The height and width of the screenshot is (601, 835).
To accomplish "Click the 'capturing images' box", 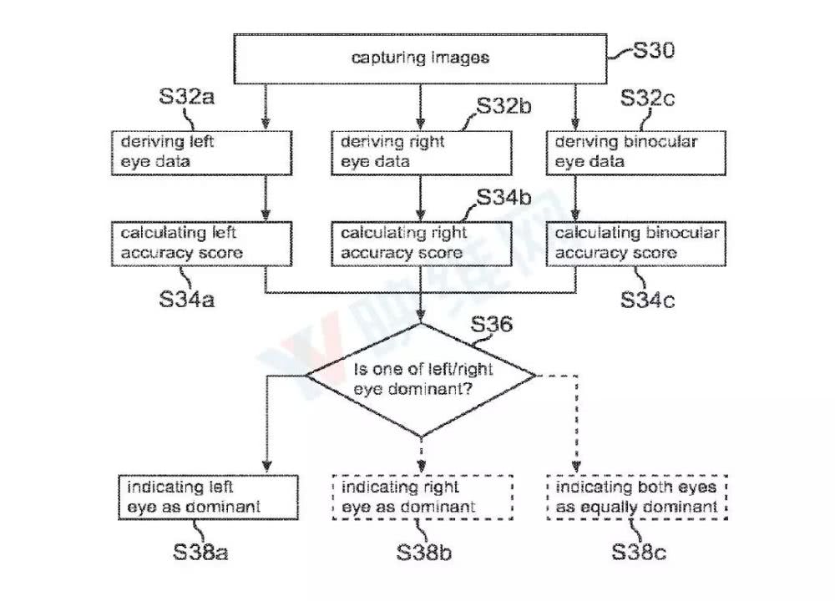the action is point(420,59).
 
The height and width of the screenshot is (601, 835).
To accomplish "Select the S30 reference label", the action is point(654,50).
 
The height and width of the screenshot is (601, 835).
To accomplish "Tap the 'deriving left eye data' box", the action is point(202,153).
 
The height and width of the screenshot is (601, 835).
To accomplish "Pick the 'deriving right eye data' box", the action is point(421,153).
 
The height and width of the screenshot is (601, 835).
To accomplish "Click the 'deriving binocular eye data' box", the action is point(635,153).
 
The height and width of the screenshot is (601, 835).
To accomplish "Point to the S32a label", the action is point(186,96).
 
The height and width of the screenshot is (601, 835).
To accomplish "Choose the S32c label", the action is point(648,98).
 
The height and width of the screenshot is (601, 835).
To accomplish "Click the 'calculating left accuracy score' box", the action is point(202,244).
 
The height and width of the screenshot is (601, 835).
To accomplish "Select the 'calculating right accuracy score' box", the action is point(421,244).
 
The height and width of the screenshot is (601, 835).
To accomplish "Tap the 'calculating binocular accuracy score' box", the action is point(635,244).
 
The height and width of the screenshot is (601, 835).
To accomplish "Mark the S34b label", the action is point(504,198).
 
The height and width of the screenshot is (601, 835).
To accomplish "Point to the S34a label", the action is point(186,299).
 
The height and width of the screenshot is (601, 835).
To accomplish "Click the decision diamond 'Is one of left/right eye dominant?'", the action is point(421,379).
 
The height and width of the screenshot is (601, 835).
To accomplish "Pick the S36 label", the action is point(492,324).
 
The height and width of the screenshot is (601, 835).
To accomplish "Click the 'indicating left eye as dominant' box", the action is point(208,497).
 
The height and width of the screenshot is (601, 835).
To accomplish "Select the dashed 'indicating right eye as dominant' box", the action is point(423,497).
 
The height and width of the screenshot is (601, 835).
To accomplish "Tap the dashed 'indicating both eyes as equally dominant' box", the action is point(637,497).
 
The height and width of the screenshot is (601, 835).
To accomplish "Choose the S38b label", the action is point(424,552).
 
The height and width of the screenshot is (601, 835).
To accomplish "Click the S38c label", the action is point(639,552).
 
